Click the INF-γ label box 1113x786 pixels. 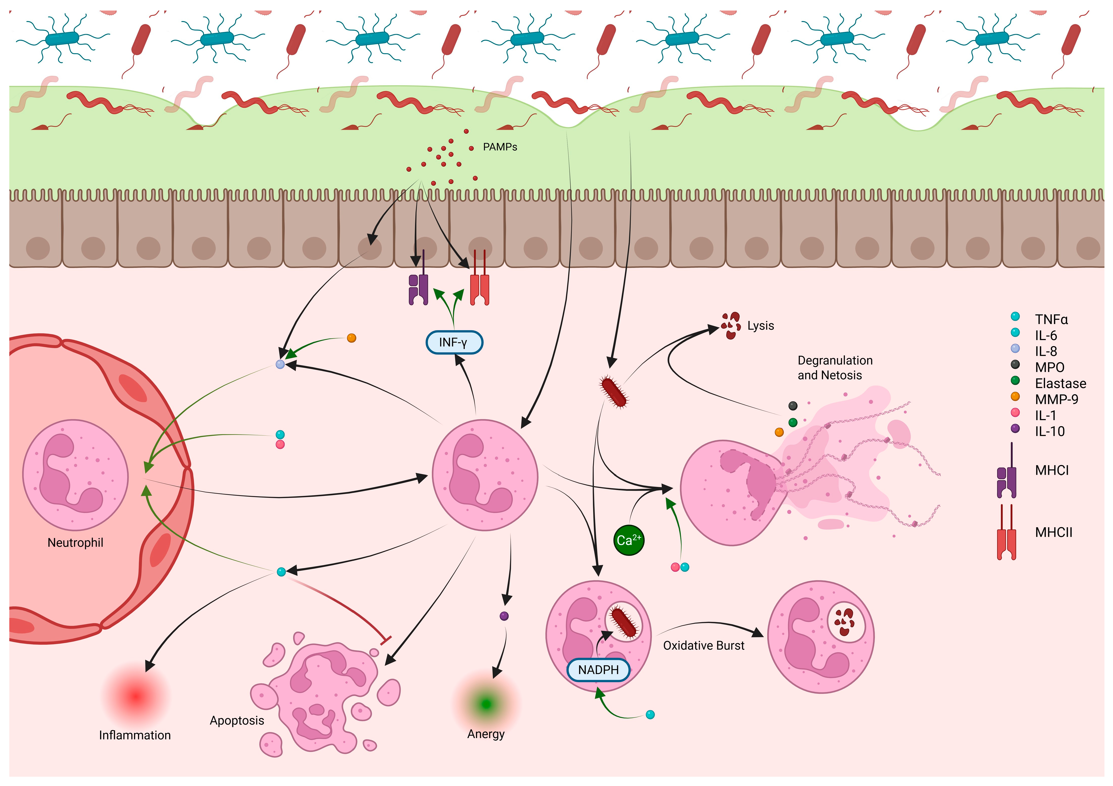pyautogui.click(x=454, y=343)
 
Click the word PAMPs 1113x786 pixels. pyautogui.click(x=500, y=147)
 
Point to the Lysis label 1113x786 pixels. pyautogui.click(x=760, y=326)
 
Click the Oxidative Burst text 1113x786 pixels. pyautogui.click(x=704, y=645)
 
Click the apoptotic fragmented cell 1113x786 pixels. pyautogui.click(x=325, y=693)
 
